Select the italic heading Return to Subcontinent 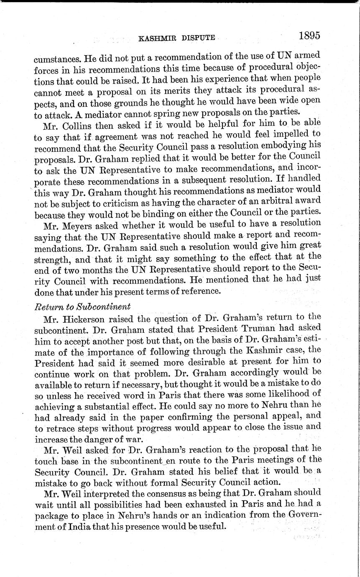tap(82, 306)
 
